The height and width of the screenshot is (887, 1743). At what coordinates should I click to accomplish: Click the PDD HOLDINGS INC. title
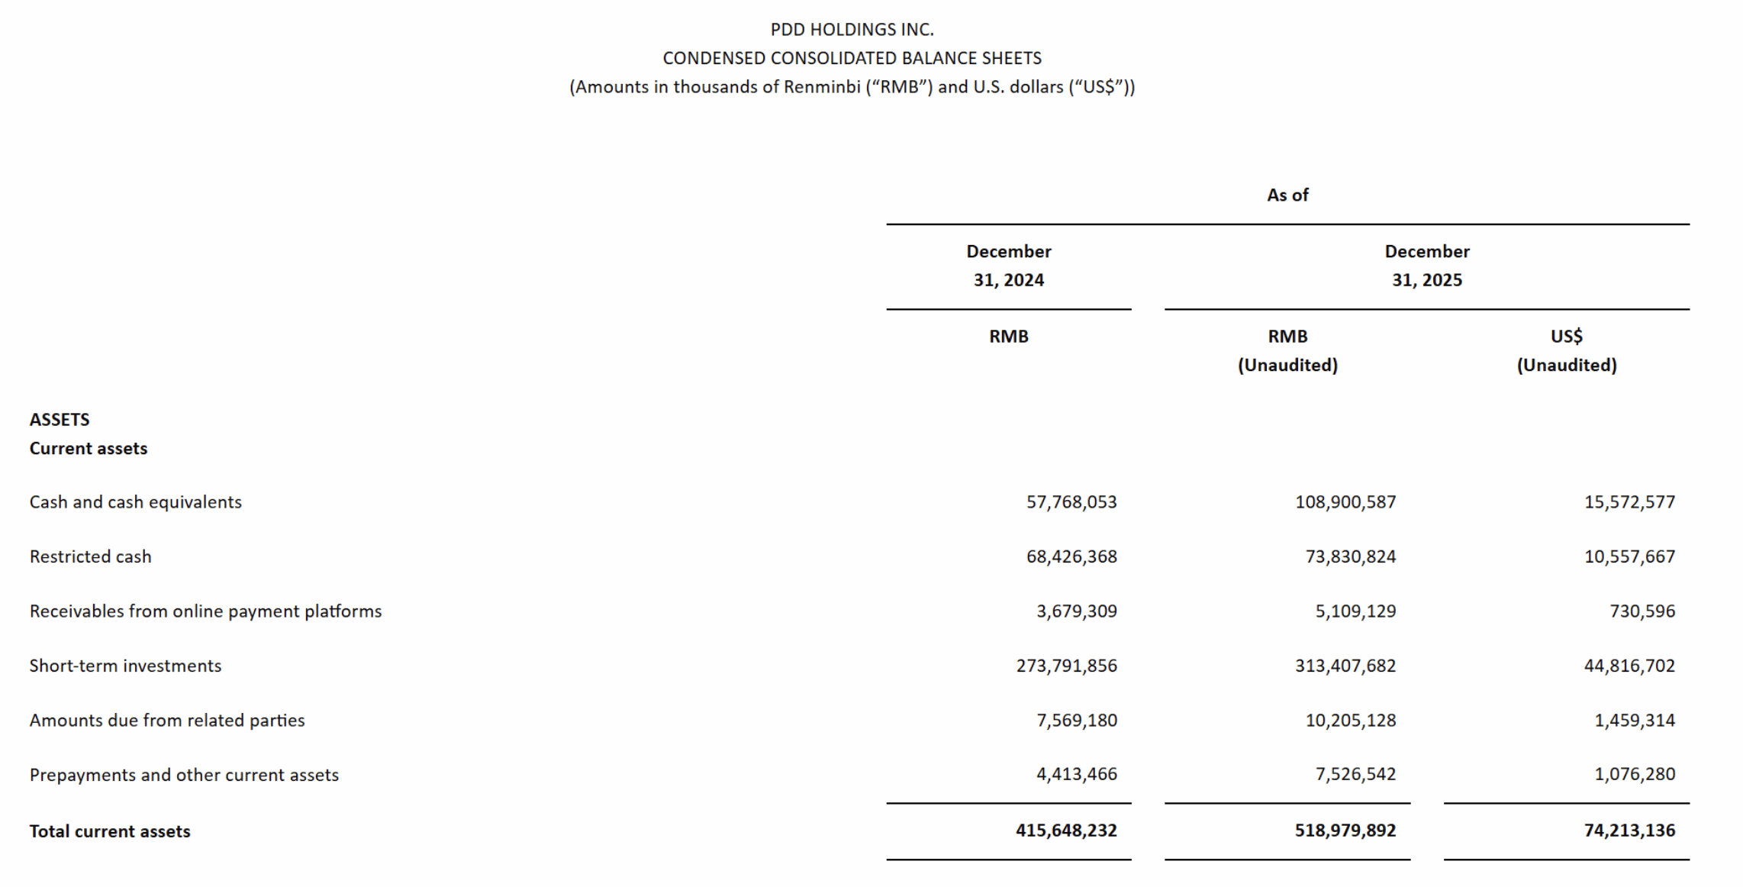point(852,30)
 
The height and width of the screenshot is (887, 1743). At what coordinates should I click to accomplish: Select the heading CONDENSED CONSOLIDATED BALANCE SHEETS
point(852,59)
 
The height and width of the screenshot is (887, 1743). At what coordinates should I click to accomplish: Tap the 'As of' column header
point(1287,195)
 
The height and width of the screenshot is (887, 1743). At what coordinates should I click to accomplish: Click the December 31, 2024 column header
point(1008,266)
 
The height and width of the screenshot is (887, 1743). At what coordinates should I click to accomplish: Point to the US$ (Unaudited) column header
point(1566,350)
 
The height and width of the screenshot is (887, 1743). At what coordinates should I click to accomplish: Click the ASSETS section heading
point(60,420)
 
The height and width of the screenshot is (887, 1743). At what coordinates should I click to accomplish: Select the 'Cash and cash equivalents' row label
point(136,502)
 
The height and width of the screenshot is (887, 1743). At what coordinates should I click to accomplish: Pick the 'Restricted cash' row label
point(91,557)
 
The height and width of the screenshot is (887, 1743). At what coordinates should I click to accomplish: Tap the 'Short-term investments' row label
point(126,666)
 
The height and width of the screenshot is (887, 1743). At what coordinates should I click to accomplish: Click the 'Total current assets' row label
point(110,831)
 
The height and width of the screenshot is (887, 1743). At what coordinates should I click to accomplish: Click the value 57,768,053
point(1071,502)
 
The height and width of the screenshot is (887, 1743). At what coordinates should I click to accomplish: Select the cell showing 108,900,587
point(1345,502)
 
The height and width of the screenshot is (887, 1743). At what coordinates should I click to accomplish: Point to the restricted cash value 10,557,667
point(1629,557)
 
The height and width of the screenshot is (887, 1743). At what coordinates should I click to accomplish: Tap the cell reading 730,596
point(1642,611)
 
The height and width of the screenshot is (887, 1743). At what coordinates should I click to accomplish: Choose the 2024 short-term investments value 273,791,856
point(1066,666)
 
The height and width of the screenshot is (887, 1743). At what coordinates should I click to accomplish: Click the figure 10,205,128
point(1350,721)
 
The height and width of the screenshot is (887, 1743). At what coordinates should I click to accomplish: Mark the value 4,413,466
point(1076,775)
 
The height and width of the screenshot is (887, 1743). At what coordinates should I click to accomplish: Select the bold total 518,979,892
point(1345,831)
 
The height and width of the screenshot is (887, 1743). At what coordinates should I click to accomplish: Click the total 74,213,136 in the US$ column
point(1629,831)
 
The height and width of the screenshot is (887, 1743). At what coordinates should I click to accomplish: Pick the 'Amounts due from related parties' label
point(167,721)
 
